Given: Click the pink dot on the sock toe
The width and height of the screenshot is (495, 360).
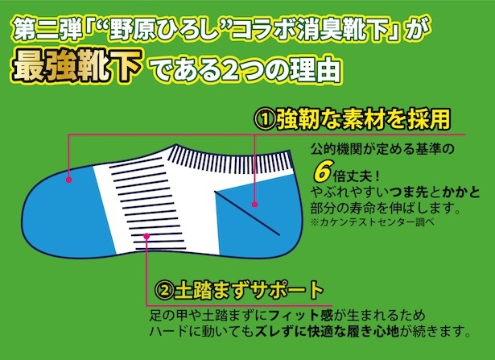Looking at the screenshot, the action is pyautogui.click(x=69, y=180).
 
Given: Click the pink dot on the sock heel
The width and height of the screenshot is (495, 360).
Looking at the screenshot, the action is pyautogui.click(x=255, y=205).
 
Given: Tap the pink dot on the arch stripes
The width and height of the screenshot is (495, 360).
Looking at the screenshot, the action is pyautogui.click(x=146, y=236).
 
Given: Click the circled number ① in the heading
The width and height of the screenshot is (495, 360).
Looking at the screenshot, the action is pyautogui.click(x=265, y=120).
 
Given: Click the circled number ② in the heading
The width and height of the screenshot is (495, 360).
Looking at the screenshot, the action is pyautogui.click(x=164, y=291).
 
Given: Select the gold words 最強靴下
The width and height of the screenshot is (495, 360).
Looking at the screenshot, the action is pyautogui.click(x=76, y=66).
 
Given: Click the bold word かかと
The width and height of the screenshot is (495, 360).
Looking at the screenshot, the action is pyautogui.click(x=460, y=192).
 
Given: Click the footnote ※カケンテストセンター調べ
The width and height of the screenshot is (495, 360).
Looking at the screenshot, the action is pyautogui.click(x=373, y=221).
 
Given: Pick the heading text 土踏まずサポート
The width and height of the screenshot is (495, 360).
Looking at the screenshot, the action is pyautogui.click(x=249, y=291).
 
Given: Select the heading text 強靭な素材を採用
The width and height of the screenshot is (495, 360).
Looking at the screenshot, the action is pyautogui.click(x=363, y=119).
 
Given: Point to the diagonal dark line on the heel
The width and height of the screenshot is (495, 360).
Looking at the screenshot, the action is pyautogui.click(x=247, y=213).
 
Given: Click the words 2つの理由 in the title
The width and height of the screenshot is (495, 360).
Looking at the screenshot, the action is pyautogui.click(x=280, y=68).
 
